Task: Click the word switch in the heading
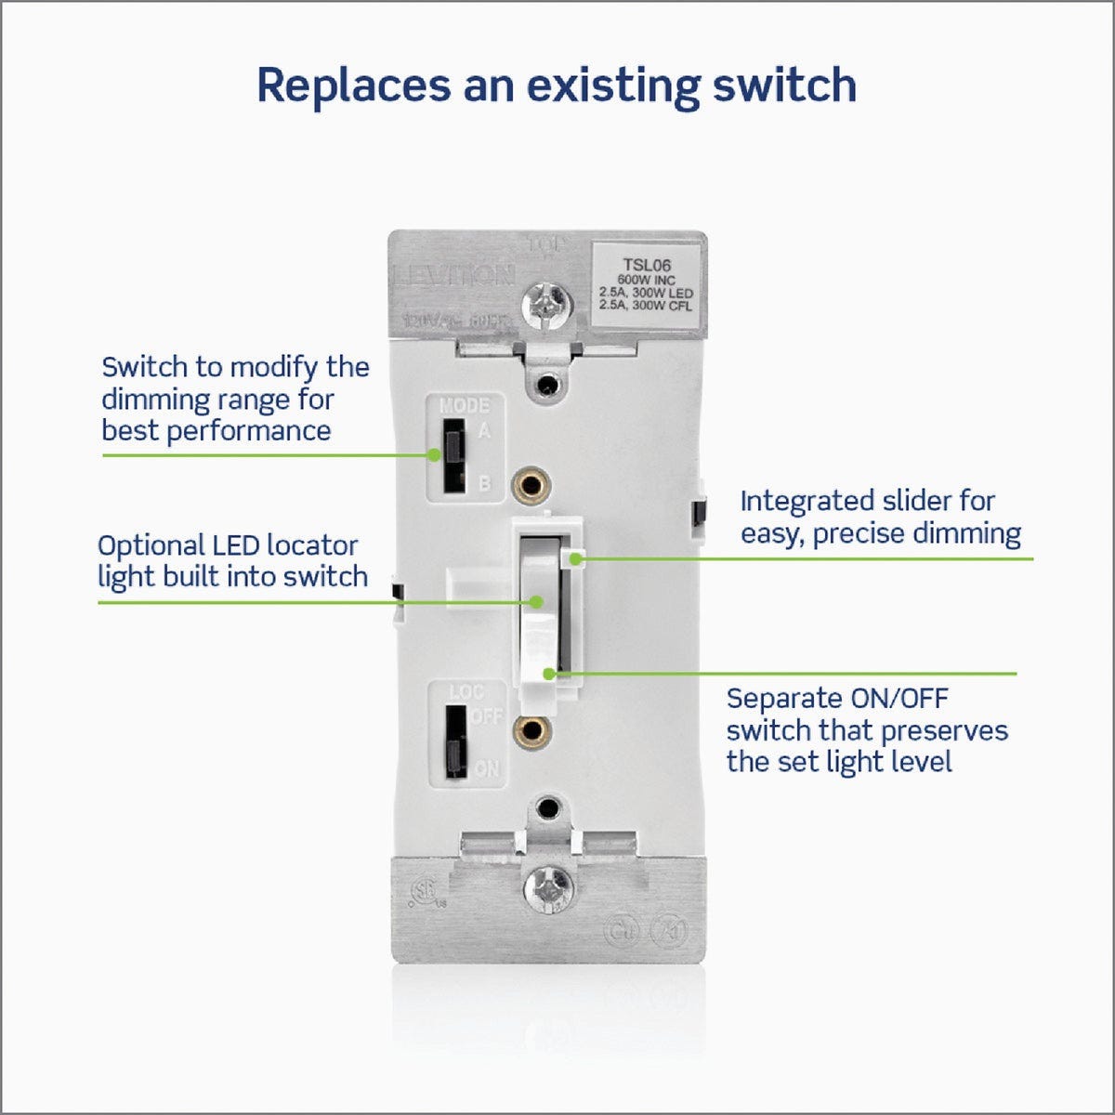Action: [x=785, y=85]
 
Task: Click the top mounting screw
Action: [x=547, y=302]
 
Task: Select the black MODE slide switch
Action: [x=453, y=455]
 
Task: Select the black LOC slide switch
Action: [x=454, y=741]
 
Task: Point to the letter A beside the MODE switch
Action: [x=484, y=431]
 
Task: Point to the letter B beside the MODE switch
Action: [x=484, y=484]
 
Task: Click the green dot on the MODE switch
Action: [x=434, y=455]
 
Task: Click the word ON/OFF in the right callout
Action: [x=899, y=699]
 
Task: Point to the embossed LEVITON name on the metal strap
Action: [x=455, y=275]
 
